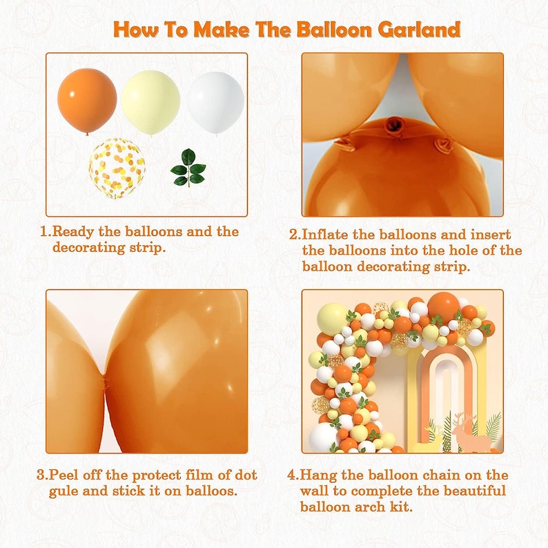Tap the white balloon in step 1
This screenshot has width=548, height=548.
216,102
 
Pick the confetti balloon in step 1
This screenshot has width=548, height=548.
117,168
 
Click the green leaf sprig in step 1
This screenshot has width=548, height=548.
188,168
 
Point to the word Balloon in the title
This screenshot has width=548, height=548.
333,30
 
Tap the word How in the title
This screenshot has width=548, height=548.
138,30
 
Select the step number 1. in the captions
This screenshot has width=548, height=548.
46,232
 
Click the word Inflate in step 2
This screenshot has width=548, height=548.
328,235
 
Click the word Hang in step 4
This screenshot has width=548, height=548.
318,475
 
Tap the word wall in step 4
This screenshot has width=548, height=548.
319,491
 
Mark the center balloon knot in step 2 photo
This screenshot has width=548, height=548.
395,125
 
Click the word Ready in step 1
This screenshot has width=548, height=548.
73,232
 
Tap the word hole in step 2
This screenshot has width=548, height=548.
439,251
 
